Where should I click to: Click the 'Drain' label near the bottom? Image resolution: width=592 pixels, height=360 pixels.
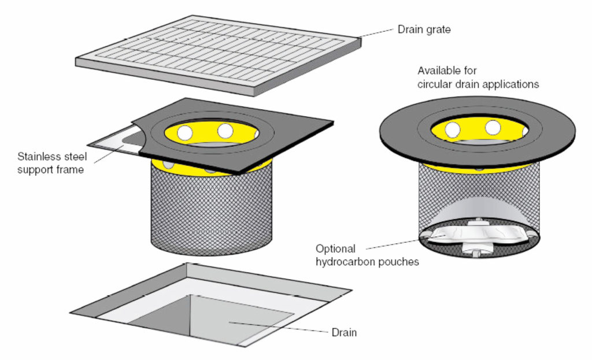(344, 332)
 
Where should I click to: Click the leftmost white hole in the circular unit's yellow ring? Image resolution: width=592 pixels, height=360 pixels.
(453, 128)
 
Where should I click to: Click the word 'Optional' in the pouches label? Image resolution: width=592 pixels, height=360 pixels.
(335, 249)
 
